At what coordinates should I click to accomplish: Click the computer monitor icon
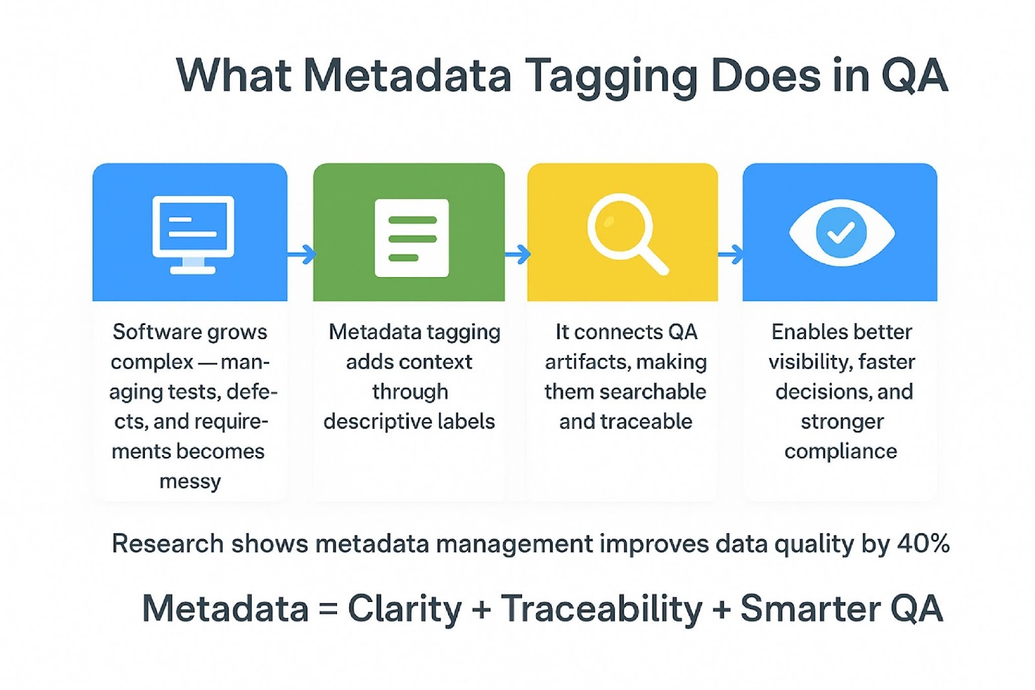[x=193, y=234]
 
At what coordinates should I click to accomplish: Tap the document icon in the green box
[x=411, y=238]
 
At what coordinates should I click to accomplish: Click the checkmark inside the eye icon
[x=840, y=232]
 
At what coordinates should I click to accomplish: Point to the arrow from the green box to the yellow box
[x=517, y=254]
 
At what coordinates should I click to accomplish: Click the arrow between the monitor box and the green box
[x=301, y=254]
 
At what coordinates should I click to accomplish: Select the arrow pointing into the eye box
[x=731, y=254]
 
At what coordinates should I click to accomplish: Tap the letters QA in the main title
[x=915, y=75]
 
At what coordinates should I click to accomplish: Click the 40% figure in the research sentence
[x=923, y=543]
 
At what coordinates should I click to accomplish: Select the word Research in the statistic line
[x=168, y=543]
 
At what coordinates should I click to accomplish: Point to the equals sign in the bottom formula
[x=328, y=608]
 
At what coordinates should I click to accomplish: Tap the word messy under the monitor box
[x=190, y=482]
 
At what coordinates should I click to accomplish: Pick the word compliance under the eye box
[x=840, y=451]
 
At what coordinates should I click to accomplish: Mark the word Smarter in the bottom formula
[x=810, y=608]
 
